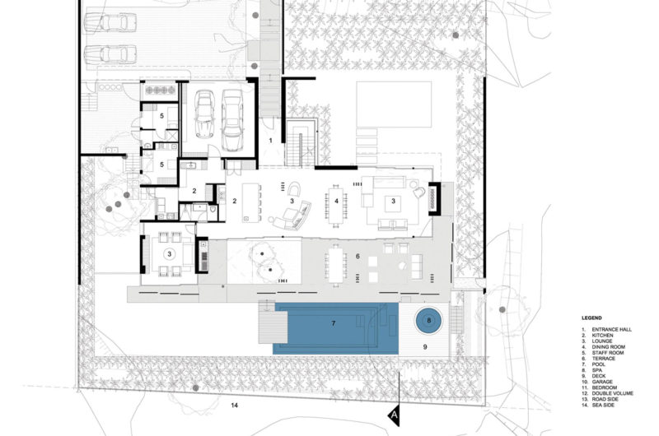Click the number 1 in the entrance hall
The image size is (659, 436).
271,141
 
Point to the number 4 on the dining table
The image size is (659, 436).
335,200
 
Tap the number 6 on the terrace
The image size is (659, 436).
358,257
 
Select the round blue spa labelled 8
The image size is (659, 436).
428,320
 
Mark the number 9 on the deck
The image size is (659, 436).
425,348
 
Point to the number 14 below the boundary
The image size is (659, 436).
234,405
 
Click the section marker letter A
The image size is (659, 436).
394,415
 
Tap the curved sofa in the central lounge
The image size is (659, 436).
293,217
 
